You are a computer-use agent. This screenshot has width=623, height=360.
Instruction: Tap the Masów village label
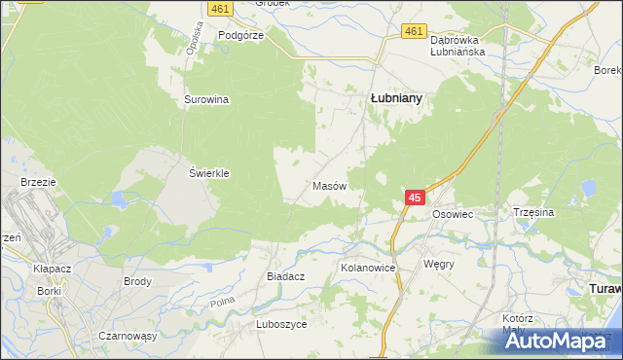[x=327, y=185]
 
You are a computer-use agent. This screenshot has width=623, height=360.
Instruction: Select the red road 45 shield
[x=415, y=198]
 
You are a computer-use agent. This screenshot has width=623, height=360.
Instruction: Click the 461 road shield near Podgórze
[x=217, y=8]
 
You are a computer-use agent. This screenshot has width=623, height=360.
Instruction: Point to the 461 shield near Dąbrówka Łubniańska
[x=414, y=32]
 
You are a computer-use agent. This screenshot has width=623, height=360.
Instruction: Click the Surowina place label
[x=205, y=99]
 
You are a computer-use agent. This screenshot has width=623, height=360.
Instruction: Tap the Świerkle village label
[x=208, y=173]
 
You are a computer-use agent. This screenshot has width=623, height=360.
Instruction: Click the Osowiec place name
[x=452, y=213]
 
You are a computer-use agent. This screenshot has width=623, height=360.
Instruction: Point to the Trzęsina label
[x=532, y=211]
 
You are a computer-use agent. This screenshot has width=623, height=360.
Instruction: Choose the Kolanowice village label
[x=367, y=267]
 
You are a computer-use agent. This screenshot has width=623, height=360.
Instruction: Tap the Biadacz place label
[x=286, y=276]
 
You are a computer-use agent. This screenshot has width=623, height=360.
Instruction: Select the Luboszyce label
[x=281, y=324]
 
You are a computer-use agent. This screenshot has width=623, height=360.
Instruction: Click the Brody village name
[x=137, y=281]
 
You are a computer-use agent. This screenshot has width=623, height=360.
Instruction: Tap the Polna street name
[x=222, y=304]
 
